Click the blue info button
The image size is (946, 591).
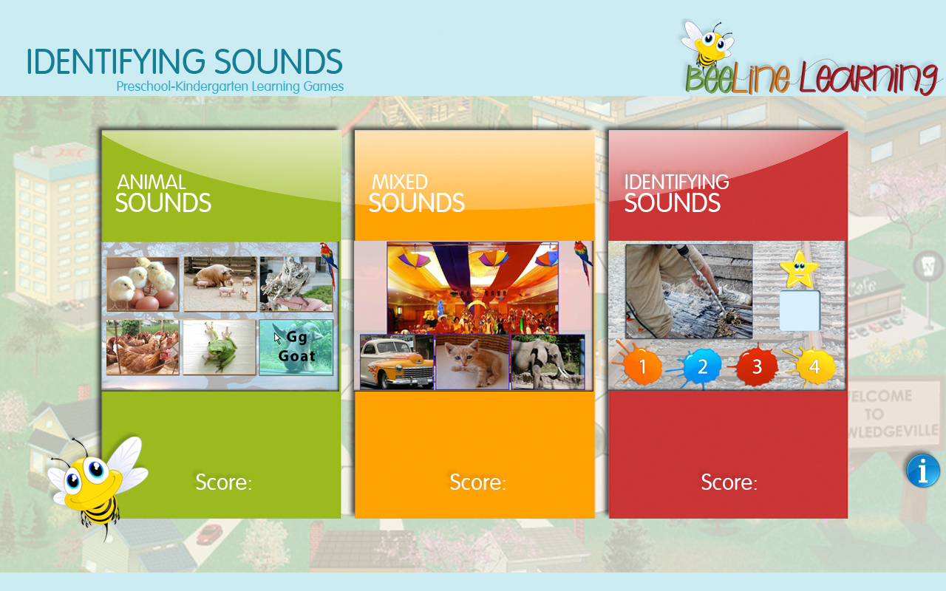coord(923,471)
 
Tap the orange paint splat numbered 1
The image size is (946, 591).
coord(642,366)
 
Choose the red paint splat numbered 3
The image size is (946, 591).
coord(756,366)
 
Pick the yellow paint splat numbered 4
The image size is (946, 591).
coord(813,366)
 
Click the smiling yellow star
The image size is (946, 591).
coord(798,270)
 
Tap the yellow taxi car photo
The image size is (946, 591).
coord(397,362)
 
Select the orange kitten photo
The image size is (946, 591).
coord(472,362)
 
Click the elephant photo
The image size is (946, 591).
coord(548,362)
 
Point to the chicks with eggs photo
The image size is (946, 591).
coord(143,284)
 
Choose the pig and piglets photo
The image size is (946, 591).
coord(220,284)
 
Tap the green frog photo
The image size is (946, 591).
coord(220,347)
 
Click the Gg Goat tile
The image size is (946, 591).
coord(296,347)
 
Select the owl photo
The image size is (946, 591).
coord(296,284)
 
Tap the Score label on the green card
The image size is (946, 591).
coord(223,482)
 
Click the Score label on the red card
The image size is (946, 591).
coord(729,482)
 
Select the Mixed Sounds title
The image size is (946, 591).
coord(416,194)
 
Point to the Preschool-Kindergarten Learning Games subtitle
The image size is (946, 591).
coord(230,86)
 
